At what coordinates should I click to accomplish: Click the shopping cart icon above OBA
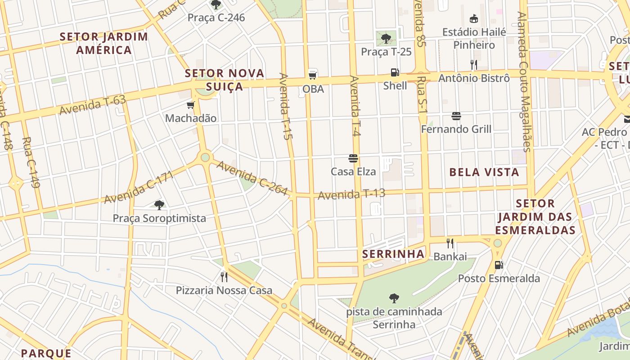[313, 75]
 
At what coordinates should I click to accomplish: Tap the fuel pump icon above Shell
[395, 72]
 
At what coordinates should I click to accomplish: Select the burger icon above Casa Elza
[353, 158]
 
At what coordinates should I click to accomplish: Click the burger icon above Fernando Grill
[456, 116]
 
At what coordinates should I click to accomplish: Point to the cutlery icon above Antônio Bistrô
[473, 65]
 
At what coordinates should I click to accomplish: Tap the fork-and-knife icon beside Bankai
[450, 243]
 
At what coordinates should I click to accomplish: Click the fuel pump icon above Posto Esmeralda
[499, 265]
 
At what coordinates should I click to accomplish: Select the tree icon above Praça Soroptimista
[159, 205]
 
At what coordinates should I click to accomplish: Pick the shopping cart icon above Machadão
[190, 105]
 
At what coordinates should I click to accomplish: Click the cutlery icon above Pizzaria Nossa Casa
[224, 277]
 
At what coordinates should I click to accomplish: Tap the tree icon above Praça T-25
[386, 39]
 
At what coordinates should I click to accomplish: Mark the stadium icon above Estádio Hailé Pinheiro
[473, 19]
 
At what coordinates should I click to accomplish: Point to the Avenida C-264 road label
[252, 178]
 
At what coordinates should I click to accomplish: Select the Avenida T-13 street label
[351, 194]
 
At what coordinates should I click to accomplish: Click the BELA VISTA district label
[484, 172]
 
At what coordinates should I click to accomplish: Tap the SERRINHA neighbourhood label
[393, 254]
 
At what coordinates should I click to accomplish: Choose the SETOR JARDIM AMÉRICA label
[103, 43]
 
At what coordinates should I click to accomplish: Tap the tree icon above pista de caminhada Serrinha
[394, 298]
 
